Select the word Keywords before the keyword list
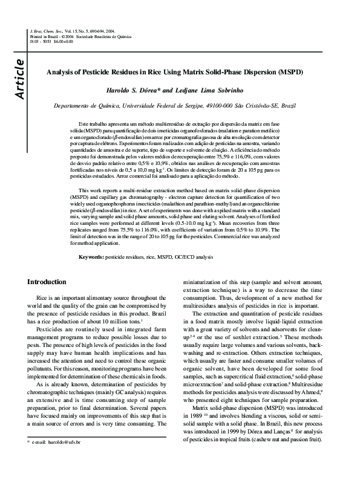pyautogui.click(x=91, y=257)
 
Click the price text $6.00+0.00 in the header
pyautogui.click(x=63, y=41)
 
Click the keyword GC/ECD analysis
pyautogui.click(x=193, y=257)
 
